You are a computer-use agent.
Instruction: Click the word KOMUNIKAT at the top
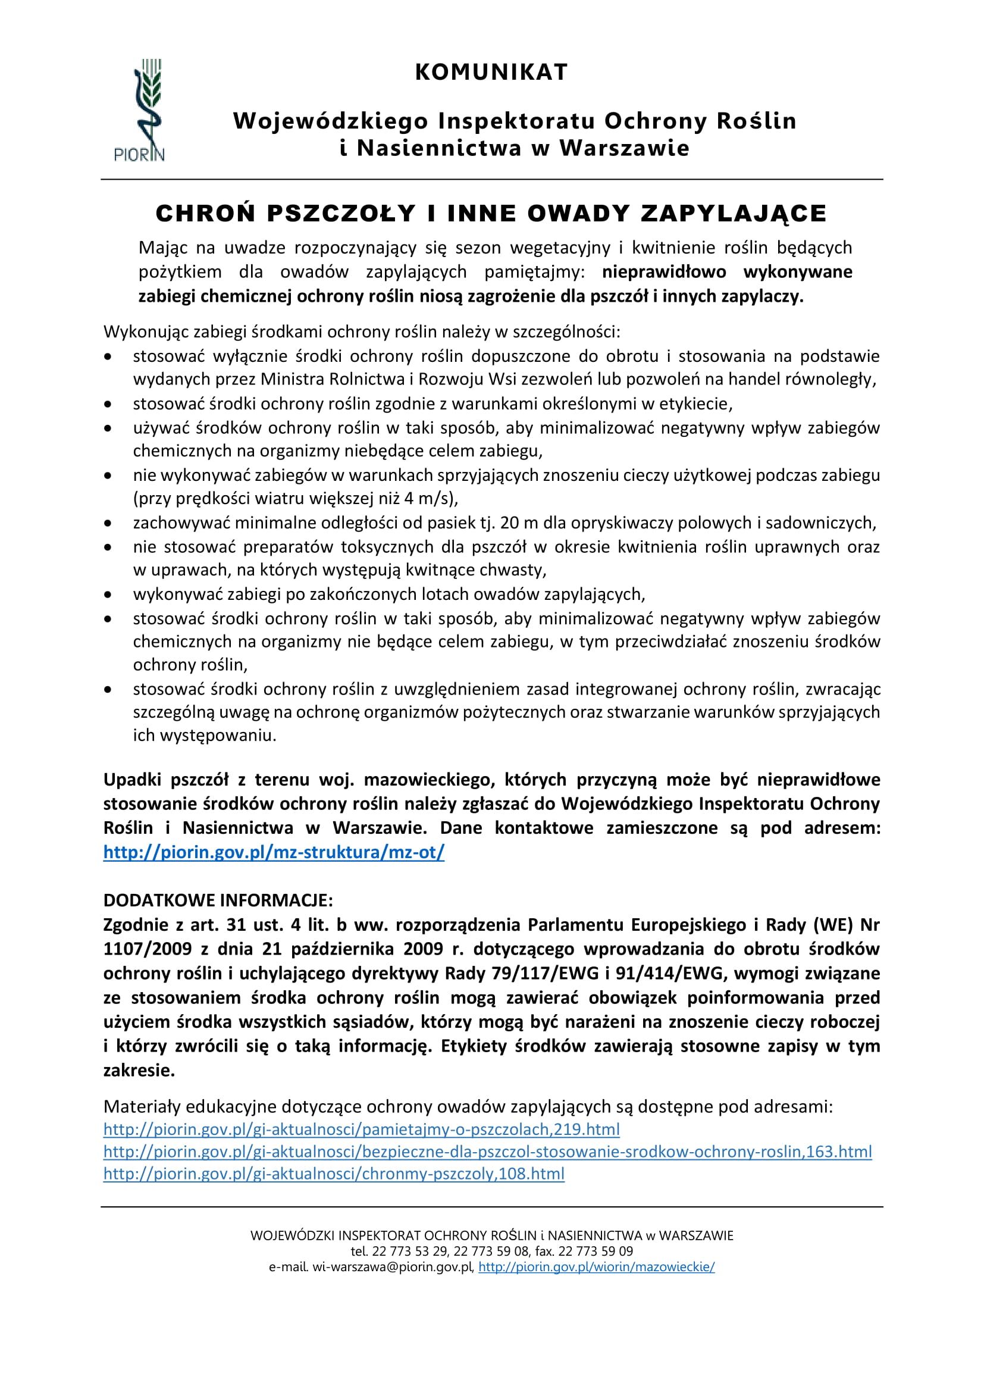(491, 72)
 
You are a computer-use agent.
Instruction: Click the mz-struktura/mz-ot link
(274, 852)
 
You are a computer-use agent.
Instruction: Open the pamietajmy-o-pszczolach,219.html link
(362, 1129)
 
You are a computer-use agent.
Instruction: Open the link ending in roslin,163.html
(488, 1152)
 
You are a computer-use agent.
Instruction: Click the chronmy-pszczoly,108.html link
(334, 1173)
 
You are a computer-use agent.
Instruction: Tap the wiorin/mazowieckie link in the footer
(596, 1267)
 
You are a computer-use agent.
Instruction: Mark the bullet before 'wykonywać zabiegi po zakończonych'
(108, 595)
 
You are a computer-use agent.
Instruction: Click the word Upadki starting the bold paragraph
(131, 779)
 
